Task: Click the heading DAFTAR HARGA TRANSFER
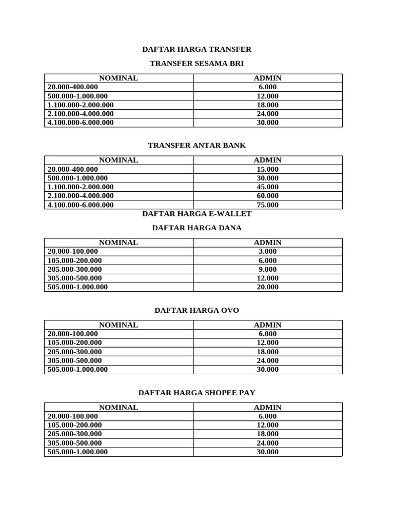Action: coord(196,49)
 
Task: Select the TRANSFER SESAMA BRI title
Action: coord(196,64)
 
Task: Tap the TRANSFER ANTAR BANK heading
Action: coord(196,146)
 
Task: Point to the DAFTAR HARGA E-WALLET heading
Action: coord(196,214)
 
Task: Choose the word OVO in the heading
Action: coord(229,311)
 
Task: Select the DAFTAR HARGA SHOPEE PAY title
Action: coord(196,393)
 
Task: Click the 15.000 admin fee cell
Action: coord(267,169)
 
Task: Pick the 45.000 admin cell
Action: coord(267,187)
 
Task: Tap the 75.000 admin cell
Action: coord(267,205)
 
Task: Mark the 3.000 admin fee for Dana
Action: coord(267,252)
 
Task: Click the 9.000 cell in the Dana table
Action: coord(267,270)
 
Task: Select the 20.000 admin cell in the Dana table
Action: coord(267,287)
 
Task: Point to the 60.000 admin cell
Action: coord(267,196)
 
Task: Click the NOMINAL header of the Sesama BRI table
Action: coord(119,78)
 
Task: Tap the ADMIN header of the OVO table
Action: coord(267,325)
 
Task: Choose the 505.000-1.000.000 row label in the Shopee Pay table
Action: coord(78,452)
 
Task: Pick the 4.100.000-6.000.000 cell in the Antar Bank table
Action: coord(81,205)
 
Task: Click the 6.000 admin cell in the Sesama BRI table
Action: coord(267,87)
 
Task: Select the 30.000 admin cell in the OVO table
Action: coord(267,370)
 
